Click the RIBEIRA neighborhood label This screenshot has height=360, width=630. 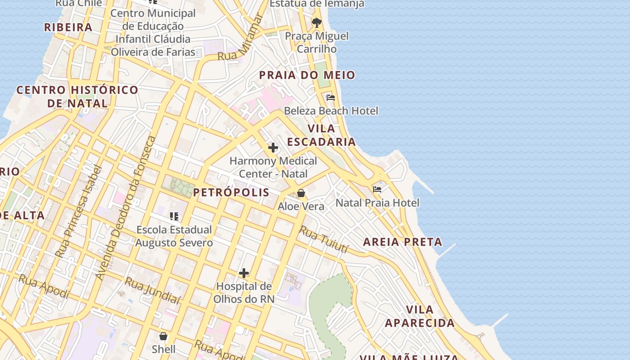tap(68, 27)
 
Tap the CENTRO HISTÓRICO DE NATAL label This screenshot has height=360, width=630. tap(77, 96)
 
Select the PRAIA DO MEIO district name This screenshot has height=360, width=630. tap(307, 75)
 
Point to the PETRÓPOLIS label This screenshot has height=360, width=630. tap(231, 193)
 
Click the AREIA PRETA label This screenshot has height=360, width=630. tap(403, 242)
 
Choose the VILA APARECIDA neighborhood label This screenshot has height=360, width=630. tap(420, 316)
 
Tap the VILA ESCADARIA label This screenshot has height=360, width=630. tap(321, 135)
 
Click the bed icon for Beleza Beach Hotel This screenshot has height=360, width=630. tap(331, 98)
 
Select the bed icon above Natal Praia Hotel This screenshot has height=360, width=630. tap(377, 189)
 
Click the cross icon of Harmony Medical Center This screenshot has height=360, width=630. tap(273, 148)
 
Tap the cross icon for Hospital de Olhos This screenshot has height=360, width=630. tap(243, 273)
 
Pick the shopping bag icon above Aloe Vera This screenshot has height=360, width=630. tap(301, 193)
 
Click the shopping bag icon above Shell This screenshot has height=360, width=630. tap(163, 336)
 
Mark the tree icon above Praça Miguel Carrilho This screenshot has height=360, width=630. tap(317, 22)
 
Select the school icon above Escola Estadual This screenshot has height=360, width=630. tap(174, 216)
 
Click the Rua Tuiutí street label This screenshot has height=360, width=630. tap(324, 239)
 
